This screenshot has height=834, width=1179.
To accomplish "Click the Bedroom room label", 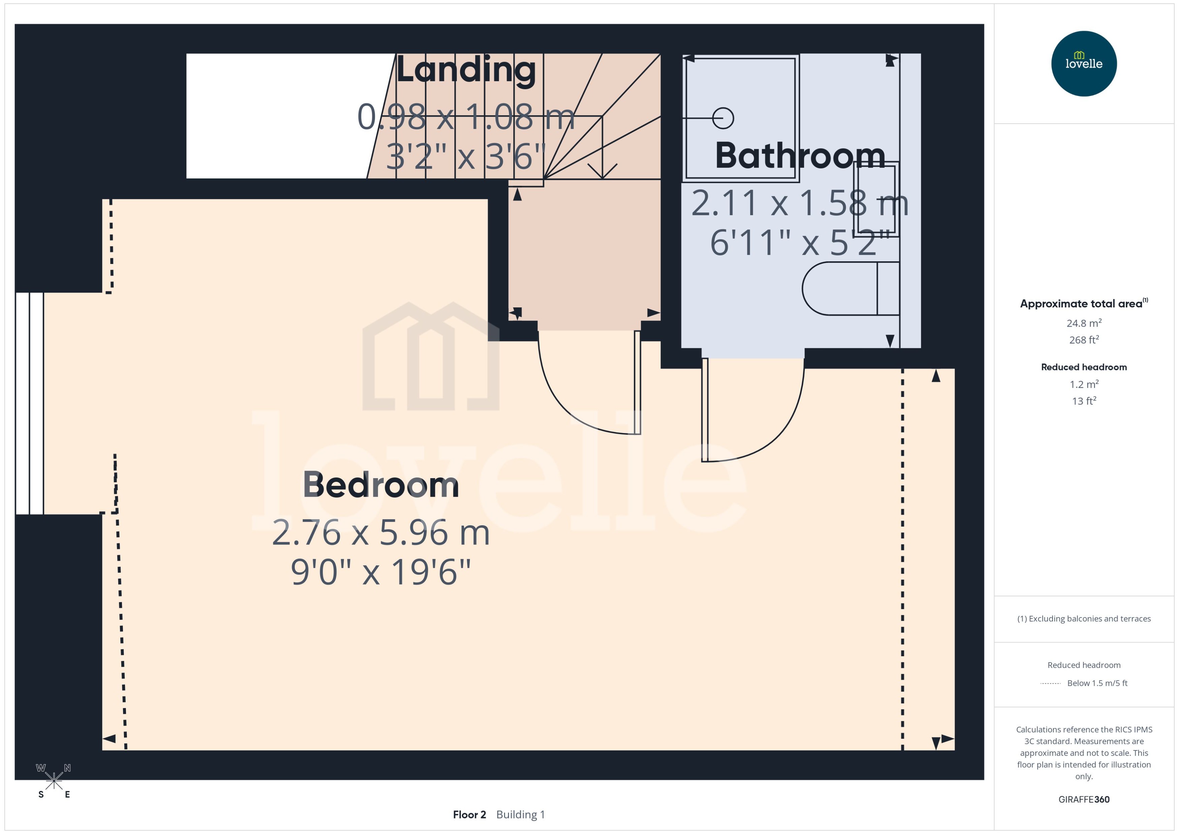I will [381, 485].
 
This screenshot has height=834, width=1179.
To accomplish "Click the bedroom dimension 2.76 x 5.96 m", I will [381, 533].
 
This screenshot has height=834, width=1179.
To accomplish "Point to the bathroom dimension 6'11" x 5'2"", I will [800, 243].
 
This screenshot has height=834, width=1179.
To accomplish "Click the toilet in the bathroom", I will [848, 289].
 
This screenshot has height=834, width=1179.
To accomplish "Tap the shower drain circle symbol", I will [723, 119].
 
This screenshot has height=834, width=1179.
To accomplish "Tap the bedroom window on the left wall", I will [29, 403].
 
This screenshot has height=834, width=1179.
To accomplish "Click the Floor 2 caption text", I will [469, 814].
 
